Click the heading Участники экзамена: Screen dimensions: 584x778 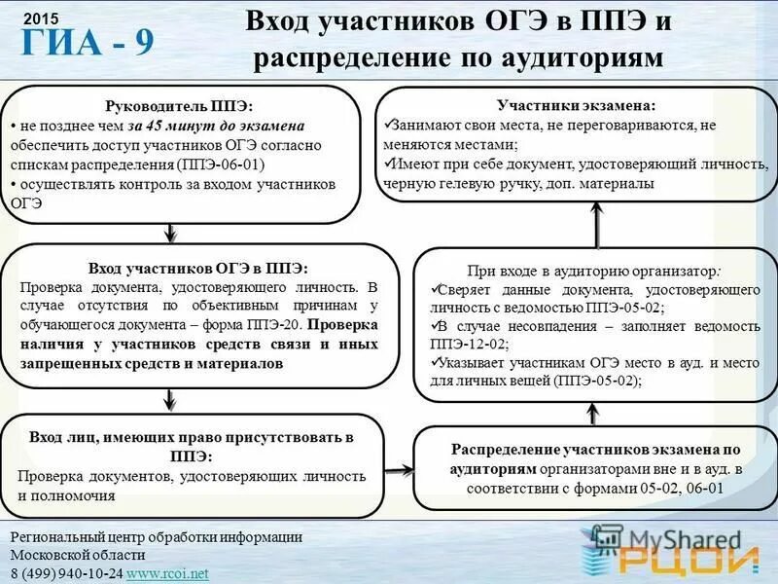pyautogui.click(x=576, y=105)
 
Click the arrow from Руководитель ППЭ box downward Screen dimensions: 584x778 pyautogui.click(x=171, y=233)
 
